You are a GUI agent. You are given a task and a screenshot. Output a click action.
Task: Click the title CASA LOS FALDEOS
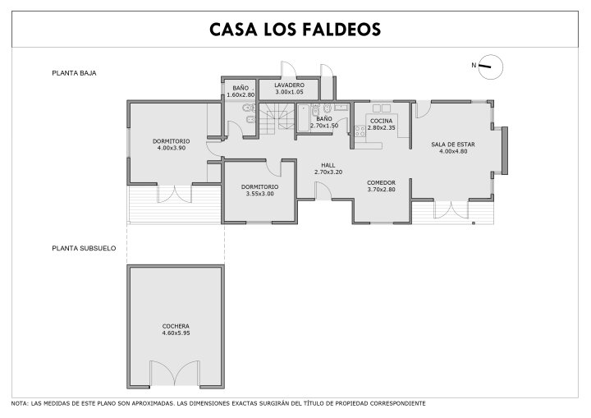[x=295, y=30]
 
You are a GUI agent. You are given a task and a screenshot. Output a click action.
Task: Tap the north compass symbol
[x=490, y=67]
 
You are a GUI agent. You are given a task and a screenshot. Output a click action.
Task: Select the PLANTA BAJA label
[x=74, y=73]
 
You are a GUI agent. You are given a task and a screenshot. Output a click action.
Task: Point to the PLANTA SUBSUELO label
[x=84, y=248]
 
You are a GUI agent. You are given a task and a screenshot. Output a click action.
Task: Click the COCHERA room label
[x=176, y=326]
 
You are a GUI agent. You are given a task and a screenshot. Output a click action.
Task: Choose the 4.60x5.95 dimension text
[x=176, y=333]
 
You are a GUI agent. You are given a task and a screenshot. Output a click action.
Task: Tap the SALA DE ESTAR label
[x=453, y=144]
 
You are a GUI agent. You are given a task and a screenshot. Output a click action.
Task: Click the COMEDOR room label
[x=381, y=182]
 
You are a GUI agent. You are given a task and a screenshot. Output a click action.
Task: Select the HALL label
[x=328, y=165]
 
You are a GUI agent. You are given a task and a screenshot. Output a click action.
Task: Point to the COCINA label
[x=381, y=121]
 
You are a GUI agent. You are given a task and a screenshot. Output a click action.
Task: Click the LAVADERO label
[x=289, y=85]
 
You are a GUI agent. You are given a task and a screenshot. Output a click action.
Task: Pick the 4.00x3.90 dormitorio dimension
[x=171, y=149]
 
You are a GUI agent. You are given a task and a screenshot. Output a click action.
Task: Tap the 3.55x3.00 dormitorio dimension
[x=259, y=194]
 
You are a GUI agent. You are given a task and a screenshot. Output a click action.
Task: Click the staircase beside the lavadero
[x=277, y=118]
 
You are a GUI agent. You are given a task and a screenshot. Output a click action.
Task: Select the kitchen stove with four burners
[x=360, y=131]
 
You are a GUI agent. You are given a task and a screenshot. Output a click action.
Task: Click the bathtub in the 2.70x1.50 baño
[x=303, y=117]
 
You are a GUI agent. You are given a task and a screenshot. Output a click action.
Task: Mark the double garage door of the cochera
[x=175, y=373]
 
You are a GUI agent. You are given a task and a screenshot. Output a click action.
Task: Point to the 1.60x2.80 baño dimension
[x=241, y=95]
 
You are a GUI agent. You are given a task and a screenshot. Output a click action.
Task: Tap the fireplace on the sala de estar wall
[x=504, y=150]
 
